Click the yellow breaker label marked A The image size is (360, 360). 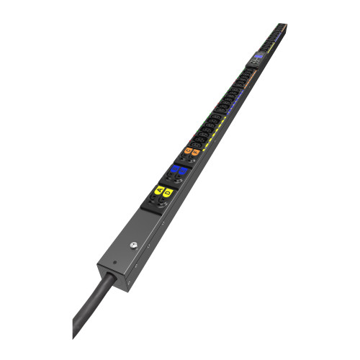[x=158, y=190]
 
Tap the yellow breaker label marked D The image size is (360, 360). [x=167, y=192]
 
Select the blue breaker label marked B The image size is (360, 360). [x=174, y=170]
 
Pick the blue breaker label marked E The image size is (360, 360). [x=182, y=172]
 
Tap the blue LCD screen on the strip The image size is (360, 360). [x=258, y=56]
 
